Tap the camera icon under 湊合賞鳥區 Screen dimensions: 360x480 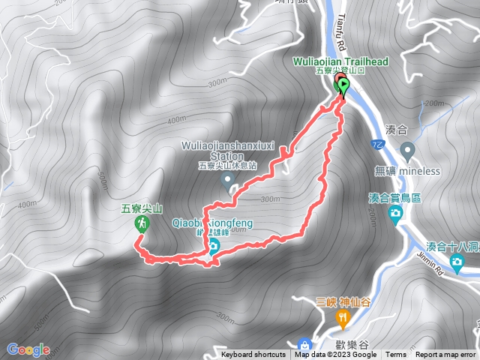pyautogui.click(x=395, y=214)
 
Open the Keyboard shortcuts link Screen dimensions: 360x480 pyautogui.click(x=253, y=355)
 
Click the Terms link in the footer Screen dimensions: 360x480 pyautogui.click(x=396, y=355)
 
